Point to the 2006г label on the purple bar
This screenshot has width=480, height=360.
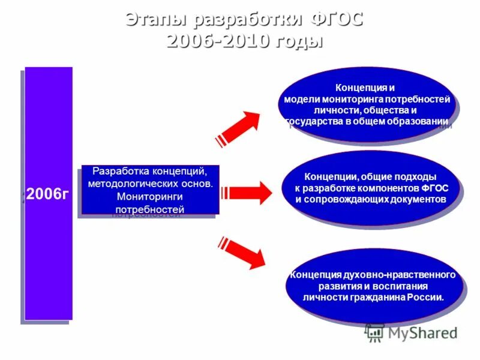[47, 194]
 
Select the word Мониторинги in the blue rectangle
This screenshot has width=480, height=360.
[150, 196]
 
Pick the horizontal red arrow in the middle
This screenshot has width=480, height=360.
[247, 193]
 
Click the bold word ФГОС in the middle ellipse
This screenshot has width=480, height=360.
[434, 188]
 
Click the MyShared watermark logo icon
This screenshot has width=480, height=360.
[375, 333]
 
